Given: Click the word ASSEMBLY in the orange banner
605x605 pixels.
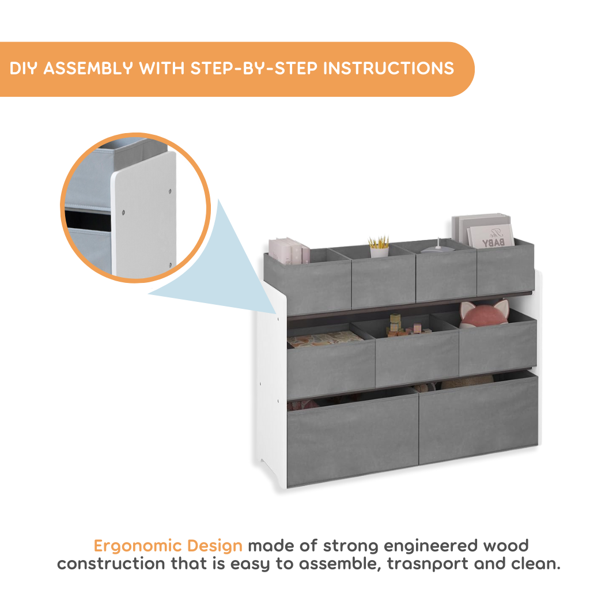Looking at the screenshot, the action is (88, 69).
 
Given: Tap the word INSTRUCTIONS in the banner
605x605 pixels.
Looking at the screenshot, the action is (388, 69).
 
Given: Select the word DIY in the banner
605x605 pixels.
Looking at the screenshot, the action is (23, 69).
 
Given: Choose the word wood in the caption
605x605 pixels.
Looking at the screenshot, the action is (505, 546).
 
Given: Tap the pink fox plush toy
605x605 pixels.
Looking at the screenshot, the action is (485, 313).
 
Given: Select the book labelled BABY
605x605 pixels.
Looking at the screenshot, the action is (491, 236).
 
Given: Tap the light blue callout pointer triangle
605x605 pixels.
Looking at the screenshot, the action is (222, 270).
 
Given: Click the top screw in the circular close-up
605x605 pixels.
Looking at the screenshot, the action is (170, 191).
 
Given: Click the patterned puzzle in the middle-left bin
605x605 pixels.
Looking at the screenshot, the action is (324, 339).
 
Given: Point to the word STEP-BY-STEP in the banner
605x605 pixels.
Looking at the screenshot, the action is (254, 69).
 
